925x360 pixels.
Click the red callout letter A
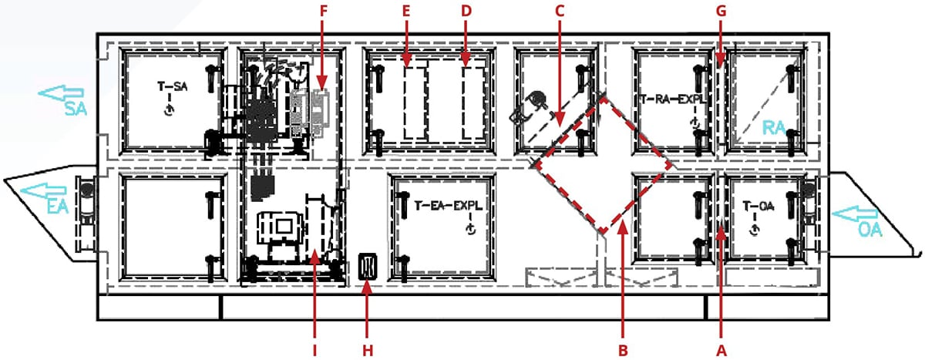[721, 349]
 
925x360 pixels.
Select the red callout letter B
[622, 349]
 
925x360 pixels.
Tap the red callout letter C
[560, 11]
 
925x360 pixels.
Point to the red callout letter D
[465, 11]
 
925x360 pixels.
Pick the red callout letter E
[406, 11]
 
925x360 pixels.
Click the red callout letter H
[368, 349]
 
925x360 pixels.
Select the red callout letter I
[314, 349]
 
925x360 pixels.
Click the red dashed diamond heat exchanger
[602, 164]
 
